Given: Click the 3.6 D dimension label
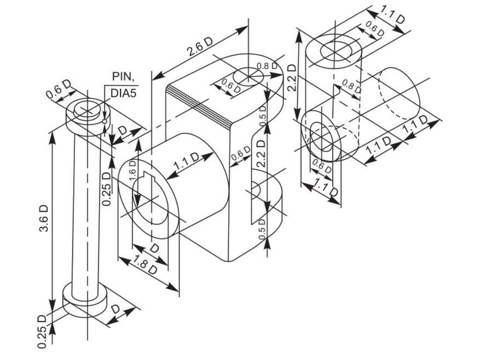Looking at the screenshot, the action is [44, 218].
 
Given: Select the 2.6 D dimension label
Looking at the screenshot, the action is [200, 47].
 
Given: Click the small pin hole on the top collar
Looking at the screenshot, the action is [105, 121].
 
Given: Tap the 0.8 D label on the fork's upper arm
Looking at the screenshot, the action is [266, 66].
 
